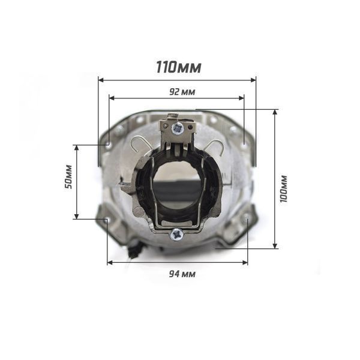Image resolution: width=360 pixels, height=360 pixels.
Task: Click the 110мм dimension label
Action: [179, 67]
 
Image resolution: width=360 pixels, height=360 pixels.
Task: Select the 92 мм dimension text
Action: [182, 92]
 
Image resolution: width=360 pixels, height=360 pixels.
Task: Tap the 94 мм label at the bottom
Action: [182, 274]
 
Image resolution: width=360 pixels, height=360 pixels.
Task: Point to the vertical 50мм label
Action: [68, 176]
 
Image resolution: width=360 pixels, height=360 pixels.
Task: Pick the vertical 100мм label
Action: [284, 189]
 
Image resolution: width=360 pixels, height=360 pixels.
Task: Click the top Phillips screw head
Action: [178, 128]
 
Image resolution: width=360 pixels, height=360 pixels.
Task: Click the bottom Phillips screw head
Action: [176, 235]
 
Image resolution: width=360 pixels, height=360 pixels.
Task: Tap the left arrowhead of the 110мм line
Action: [101, 80]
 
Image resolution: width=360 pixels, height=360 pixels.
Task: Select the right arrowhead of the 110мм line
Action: [253, 80]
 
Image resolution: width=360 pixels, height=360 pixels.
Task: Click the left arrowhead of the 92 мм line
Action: [112, 98]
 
